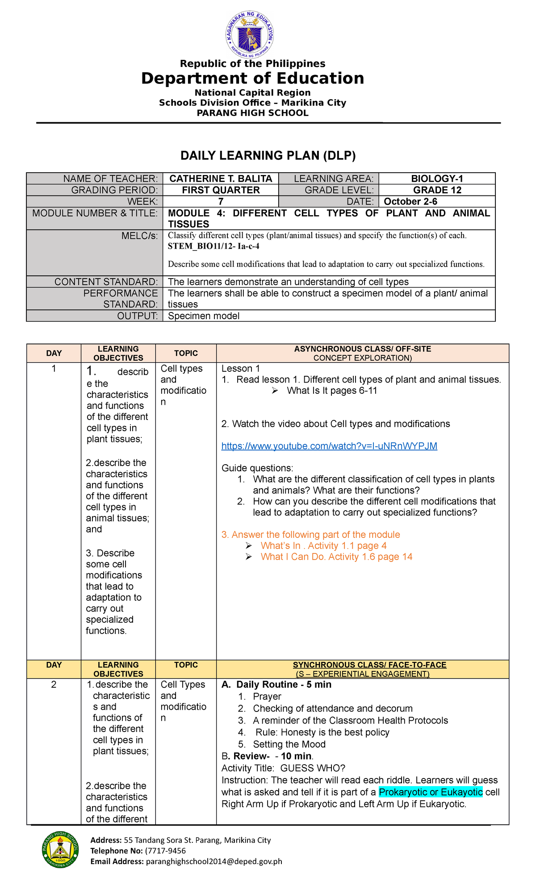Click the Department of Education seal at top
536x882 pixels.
pyautogui.click(x=250, y=35)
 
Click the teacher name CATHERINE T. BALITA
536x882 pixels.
pyautogui.click(x=221, y=179)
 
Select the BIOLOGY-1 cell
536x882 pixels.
pyautogui.click(x=437, y=179)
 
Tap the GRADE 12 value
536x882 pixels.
pyautogui.click(x=437, y=190)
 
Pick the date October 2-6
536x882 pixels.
pyautogui.click(x=410, y=201)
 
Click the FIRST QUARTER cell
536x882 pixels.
pyautogui.click(x=221, y=190)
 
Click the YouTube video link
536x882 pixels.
pyautogui.click(x=329, y=446)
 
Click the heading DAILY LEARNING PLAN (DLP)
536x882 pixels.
pyautogui.click(x=268, y=155)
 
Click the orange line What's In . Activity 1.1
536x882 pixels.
pyautogui.click(x=323, y=546)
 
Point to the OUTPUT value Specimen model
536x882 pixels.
pyautogui.click(x=204, y=316)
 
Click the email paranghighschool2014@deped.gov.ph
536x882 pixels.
pyautogui.click(x=214, y=861)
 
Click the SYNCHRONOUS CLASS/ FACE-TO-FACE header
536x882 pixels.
pyautogui.click(x=362, y=665)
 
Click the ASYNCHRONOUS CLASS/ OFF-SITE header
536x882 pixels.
pyautogui.click(x=362, y=349)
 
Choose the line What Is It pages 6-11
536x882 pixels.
pyautogui.click(x=332, y=391)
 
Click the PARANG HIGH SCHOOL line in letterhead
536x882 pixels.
pyautogui.click(x=252, y=113)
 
